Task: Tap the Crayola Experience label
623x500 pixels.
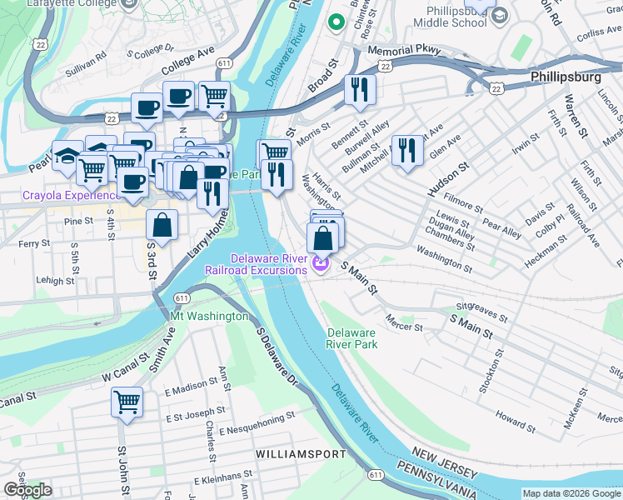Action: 70,196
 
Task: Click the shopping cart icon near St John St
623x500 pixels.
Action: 127,402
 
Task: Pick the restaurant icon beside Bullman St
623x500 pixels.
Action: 406,150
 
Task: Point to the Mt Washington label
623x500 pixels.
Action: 209,317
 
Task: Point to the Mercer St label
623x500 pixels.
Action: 405,322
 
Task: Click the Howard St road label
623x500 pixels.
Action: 510,415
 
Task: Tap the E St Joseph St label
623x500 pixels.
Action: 200,417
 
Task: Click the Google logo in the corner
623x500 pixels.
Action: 27,490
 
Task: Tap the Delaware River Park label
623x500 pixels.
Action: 351,338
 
